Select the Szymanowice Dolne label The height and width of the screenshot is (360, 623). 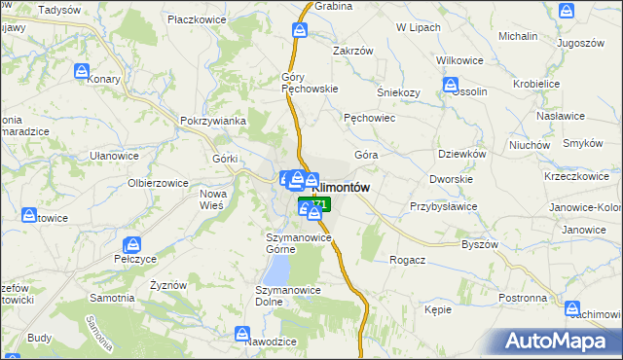(283, 296)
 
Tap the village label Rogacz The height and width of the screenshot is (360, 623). (407, 260)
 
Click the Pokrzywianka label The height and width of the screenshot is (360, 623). (211, 121)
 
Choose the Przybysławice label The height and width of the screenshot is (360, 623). (443, 206)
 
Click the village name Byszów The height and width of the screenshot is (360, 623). (480, 244)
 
